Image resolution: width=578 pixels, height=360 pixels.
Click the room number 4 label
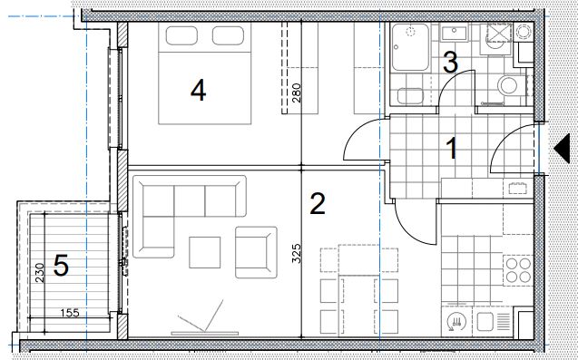point(199,91)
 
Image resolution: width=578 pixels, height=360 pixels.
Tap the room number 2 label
point(318,204)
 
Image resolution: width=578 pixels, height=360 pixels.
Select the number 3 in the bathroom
point(450,63)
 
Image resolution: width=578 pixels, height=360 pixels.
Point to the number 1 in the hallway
point(452,149)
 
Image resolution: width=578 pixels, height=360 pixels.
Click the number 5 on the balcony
point(61,266)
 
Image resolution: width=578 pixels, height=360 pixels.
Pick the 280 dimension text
point(297,92)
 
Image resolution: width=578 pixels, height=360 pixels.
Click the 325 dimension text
point(297,253)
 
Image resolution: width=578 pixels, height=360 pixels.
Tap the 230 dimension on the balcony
point(39,273)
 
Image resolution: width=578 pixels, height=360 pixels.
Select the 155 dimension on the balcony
point(70,313)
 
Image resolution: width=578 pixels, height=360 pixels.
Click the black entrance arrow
point(563,149)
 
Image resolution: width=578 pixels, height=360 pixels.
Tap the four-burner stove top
point(518,270)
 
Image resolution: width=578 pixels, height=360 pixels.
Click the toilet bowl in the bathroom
point(509,85)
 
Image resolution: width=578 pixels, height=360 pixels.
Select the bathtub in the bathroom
point(410,47)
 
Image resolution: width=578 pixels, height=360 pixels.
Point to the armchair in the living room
point(256,252)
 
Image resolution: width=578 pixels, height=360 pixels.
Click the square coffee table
point(204,252)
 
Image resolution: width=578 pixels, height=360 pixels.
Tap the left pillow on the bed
point(181,35)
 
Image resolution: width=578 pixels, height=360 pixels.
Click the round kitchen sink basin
point(456,322)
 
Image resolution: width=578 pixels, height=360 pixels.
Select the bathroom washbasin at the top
point(454,34)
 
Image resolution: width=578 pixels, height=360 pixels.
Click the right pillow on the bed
point(228,35)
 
